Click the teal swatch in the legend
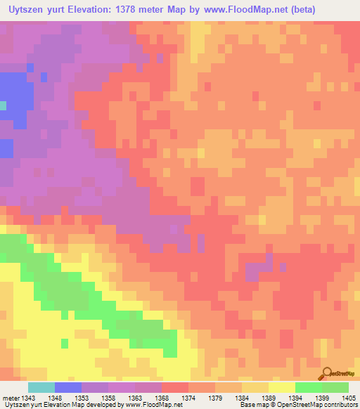point(41,387)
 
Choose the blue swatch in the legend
point(68,387)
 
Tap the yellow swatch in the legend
point(282,387)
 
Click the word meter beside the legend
point(10,398)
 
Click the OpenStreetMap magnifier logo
point(326,372)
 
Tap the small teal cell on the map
point(3,105)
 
